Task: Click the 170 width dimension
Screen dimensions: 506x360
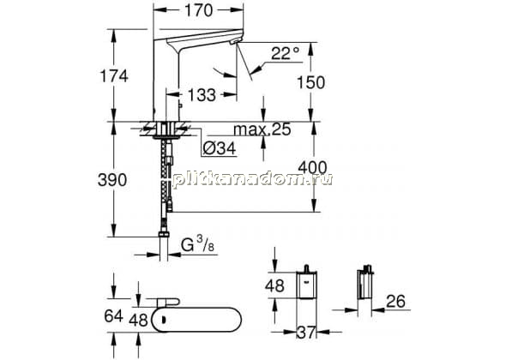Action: pos(198,10)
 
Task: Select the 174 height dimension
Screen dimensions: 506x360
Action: pos(114,76)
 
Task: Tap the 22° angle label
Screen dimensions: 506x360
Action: pos(286,53)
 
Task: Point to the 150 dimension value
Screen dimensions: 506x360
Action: pos(310,82)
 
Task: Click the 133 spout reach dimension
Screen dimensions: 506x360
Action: pos(202,95)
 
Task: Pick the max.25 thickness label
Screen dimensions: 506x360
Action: pos(262,129)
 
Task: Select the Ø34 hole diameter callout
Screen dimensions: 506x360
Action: pos(220,148)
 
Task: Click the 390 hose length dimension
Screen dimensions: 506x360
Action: pos(112,180)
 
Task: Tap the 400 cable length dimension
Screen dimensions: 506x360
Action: pos(312,168)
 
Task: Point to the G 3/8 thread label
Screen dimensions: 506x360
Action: pos(197,245)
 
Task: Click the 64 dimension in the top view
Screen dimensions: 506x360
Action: pos(113,315)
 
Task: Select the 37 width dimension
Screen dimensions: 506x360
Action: pos(306,333)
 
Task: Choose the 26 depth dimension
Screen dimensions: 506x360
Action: pos(395,302)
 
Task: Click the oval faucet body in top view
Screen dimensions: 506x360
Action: pos(196,320)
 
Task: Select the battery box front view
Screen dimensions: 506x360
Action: pos(306,283)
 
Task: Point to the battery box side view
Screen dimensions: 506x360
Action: pos(365,283)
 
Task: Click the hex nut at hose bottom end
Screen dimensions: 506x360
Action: pos(164,235)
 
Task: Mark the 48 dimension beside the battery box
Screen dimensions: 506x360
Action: pos(274,285)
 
